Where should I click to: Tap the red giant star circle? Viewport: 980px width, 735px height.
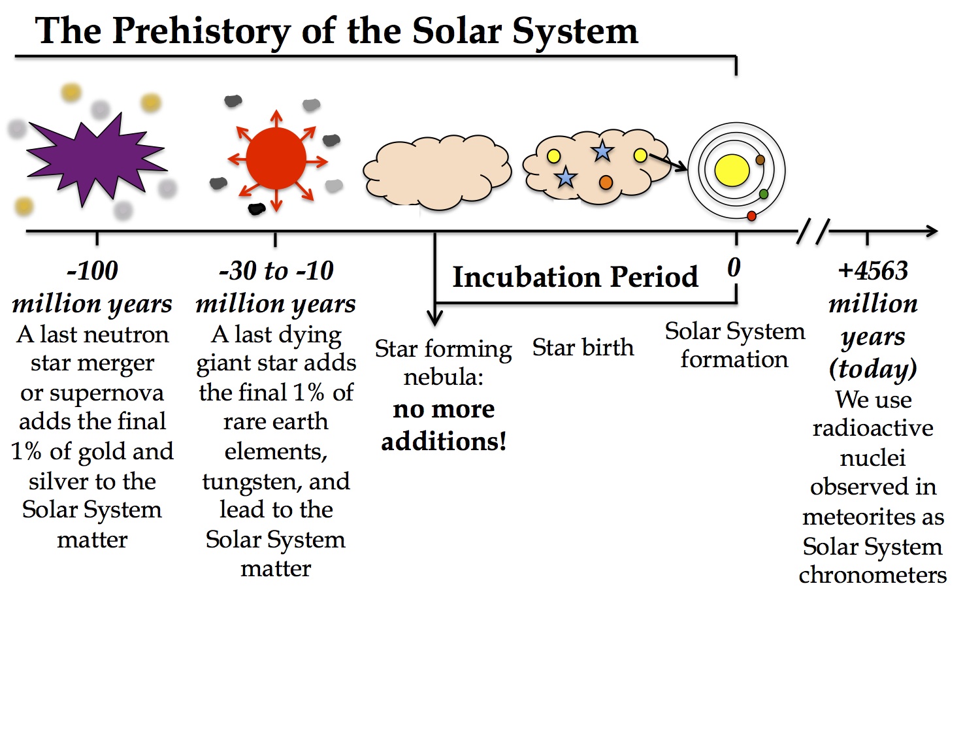(276, 159)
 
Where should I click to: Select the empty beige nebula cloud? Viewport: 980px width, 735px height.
(437, 172)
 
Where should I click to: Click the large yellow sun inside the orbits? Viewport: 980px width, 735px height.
(732, 171)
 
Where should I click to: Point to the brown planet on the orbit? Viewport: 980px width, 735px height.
(760, 160)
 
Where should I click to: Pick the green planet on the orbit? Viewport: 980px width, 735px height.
(764, 194)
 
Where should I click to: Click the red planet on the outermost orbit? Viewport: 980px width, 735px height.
(751, 216)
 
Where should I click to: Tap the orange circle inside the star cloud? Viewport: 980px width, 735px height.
(606, 182)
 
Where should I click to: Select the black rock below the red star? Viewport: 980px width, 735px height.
(257, 209)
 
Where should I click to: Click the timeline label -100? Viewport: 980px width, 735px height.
(92, 270)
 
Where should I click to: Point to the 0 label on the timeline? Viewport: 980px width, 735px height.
(734, 268)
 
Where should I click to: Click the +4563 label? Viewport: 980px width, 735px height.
(873, 270)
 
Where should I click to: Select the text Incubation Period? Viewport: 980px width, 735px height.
(575, 276)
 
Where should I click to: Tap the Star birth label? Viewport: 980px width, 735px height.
(583, 347)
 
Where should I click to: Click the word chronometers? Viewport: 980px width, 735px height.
(873, 575)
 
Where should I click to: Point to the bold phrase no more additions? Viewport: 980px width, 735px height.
(444, 425)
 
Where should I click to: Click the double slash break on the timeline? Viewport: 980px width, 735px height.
(813, 231)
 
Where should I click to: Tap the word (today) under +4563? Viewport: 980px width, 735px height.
(873, 370)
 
